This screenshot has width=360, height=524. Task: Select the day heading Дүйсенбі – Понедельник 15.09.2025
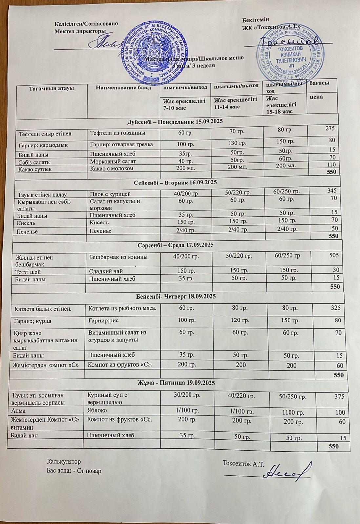[175, 122]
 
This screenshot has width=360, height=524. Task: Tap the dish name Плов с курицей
[110, 194]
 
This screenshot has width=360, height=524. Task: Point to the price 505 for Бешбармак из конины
[334, 255]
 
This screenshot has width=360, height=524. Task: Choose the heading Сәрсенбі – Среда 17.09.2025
[175, 245]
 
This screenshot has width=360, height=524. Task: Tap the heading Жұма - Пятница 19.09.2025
[176, 383]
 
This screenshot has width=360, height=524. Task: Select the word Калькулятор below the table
[64, 462]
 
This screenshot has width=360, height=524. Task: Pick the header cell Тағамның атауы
[51, 88]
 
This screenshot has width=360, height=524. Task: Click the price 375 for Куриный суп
[339, 397]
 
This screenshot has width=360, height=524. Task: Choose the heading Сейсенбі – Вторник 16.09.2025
[176, 182]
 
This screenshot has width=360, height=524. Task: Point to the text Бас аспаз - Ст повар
[74, 471]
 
